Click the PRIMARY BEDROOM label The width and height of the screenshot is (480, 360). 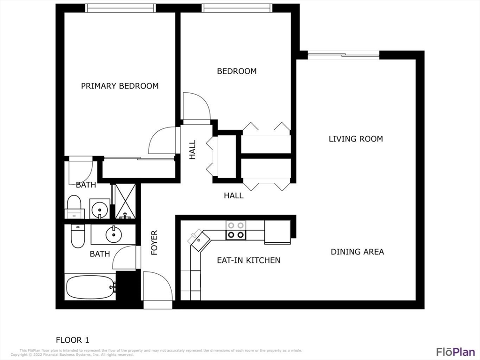[x=120, y=86]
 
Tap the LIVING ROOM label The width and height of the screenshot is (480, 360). [x=355, y=139]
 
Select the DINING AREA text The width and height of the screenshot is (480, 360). [x=357, y=252]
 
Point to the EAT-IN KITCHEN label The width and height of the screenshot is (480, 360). [x=248, y=260]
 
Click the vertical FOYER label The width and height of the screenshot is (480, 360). [x=154, y=242]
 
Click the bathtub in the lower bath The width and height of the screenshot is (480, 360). [x=90, y=286]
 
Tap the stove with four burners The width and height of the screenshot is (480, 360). [x=235, y=230]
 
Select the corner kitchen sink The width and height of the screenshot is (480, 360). [x=199, y=239]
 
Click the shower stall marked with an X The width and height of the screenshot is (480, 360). [x=125, y=201]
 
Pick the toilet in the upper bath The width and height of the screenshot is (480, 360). [x=74, y=207]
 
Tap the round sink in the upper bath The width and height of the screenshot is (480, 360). [x=99, y=209]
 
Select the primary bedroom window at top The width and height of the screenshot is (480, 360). [x=120, y=8]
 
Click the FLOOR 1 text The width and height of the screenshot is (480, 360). [x=72, y=340]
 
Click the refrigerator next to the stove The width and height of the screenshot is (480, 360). [x=277, y=232]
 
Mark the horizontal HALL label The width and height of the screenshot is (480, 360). [x=233, y=195]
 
